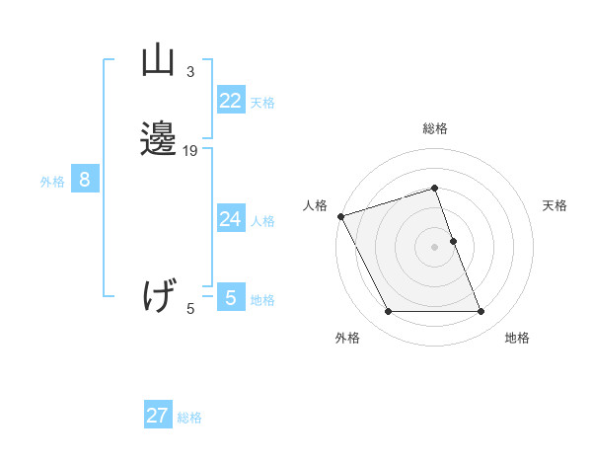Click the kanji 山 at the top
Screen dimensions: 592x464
pyautogui.click(x=158, y=62)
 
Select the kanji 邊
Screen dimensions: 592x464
pyautogui.click(x=158, y=139)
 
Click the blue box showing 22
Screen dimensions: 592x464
pyautogui.click(x=231, y=101)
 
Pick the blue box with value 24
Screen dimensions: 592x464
pyautogui.click(x=231, y=219)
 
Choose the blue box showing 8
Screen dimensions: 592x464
pyautogui.click(x=85, y=180)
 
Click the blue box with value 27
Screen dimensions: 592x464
pyautogui.click(x=158, y=416)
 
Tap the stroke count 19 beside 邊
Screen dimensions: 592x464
pyautogui.click(x=190, y=151)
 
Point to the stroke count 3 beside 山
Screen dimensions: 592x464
pyautogui.click(x=190, y=72)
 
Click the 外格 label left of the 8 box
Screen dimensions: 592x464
pyautogui.click(x=52, y=181)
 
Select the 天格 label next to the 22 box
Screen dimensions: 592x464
pyautogui.click(x=262, y=102)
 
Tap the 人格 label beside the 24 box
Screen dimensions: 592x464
pyautogui.click(x=262, y=220)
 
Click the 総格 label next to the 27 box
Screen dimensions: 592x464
pyautogui.click(x=189, y=417)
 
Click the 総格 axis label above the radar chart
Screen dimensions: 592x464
pyautogui.click(x=434, y=129)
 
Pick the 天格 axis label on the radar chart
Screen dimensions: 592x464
pyautogui.click(x=555, y=205)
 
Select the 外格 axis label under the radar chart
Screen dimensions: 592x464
pyautogui.click(x=346, y=338)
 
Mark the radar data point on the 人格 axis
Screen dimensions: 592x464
pyautogui.click(x=340, y=216)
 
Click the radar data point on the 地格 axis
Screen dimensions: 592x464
pyautogui.click(x=481, y=312)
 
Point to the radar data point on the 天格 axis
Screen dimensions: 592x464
pyautogui.click(x=453, y=241)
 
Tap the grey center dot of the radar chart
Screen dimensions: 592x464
pyautogui.click(x=434, y=247)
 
